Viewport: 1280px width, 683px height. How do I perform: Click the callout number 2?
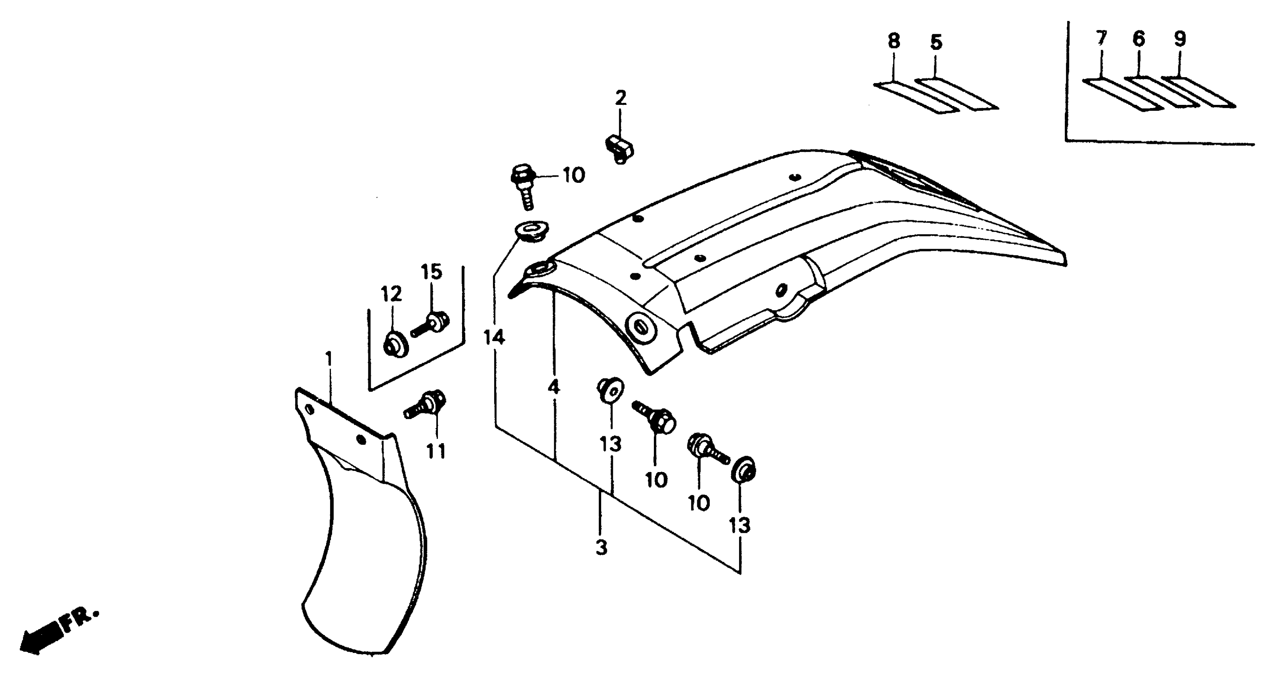[620, 98]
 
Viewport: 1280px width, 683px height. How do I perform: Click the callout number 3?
[601, 548]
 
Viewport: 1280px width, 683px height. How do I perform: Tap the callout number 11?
[437, 451]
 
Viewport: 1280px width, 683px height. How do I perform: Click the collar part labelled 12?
[395, 344]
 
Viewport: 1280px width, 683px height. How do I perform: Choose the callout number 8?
[894, 41]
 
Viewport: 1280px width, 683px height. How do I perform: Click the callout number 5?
[936, 43]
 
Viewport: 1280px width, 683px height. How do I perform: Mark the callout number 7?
[1101, 39]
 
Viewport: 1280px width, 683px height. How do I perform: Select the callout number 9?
[1180, 39]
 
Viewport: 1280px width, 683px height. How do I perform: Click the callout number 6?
[1138, 39]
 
